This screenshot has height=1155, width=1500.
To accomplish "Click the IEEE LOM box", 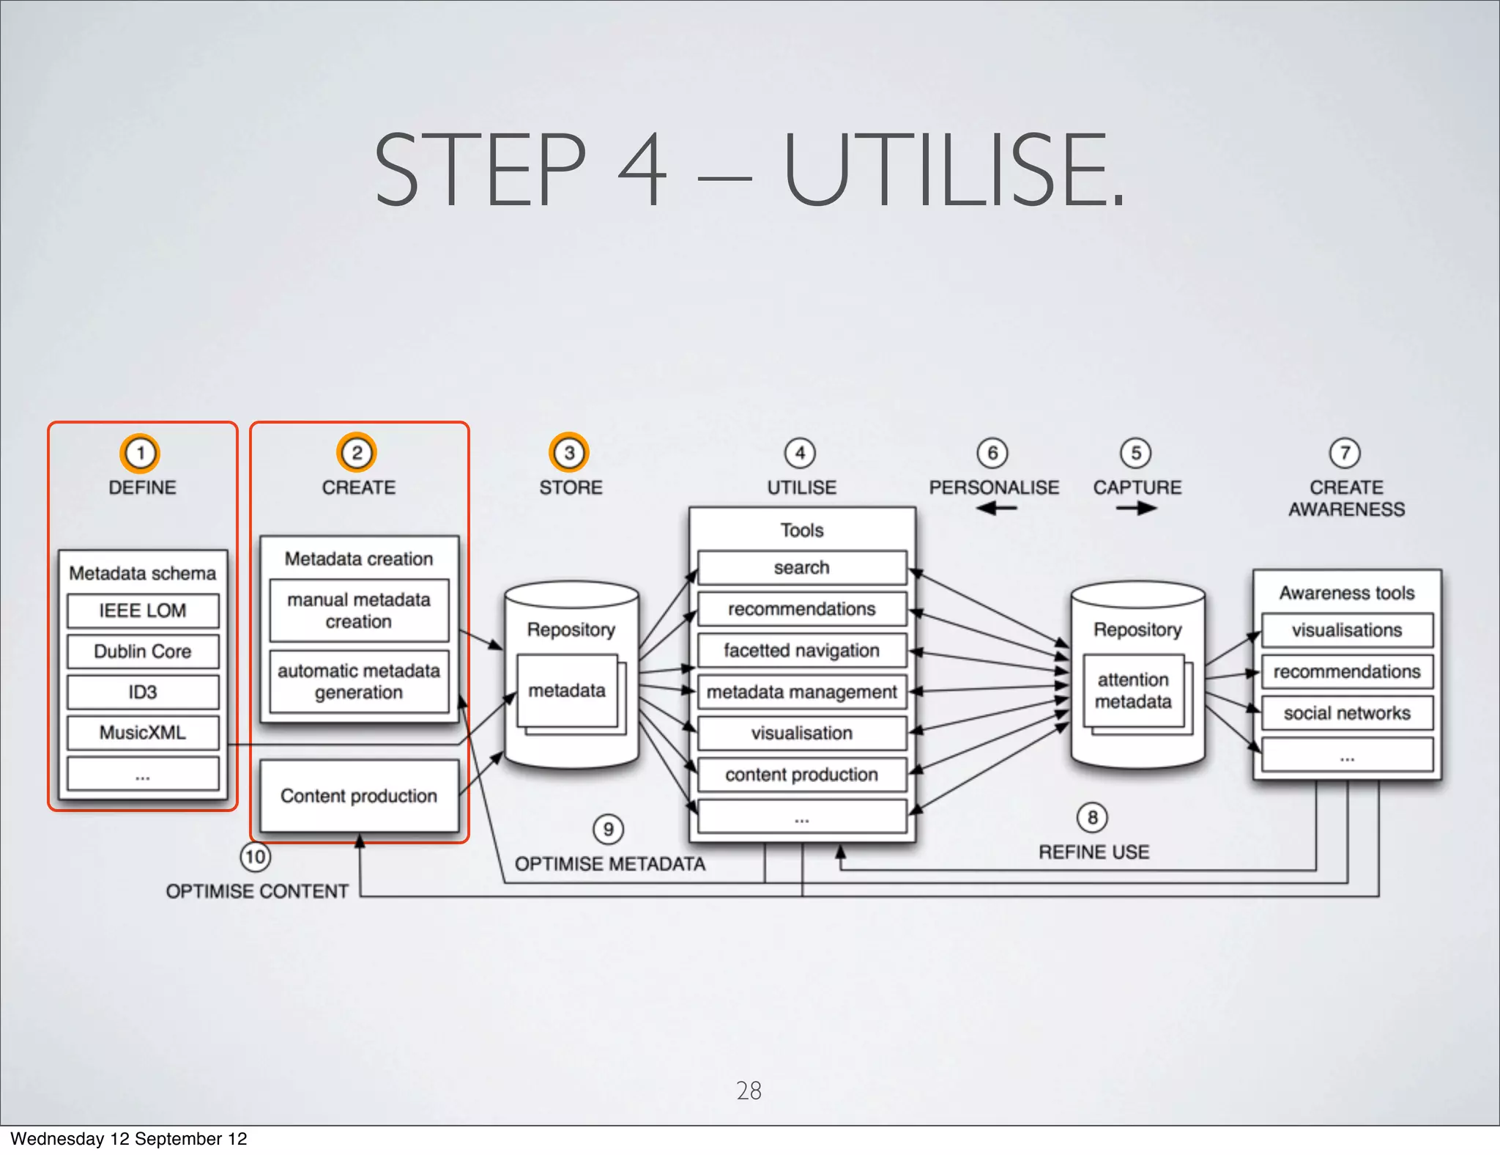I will point(143,610).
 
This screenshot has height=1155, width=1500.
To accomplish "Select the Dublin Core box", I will point(143,651).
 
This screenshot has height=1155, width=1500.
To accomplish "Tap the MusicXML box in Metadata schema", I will point(143,732).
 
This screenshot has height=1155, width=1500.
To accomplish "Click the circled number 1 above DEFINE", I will point(140,453).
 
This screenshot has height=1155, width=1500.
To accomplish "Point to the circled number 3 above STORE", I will point(569,453).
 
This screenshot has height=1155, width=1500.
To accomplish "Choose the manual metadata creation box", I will point(359,610).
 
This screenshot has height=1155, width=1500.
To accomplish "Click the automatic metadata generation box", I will point(359,682).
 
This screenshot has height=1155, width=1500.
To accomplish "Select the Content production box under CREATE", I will point(359,796).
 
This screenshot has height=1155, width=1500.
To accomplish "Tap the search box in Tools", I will point(802,567).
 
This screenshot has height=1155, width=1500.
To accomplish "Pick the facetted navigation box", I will point(802,650).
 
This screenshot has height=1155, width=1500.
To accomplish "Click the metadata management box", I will point(802,692).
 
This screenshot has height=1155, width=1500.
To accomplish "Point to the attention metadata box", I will point(1133,690).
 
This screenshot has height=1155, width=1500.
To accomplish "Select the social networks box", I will point(1347,713).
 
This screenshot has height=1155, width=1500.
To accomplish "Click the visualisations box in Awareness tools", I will point(1347,630).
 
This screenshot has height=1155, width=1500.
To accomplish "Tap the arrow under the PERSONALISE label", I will point(996,508).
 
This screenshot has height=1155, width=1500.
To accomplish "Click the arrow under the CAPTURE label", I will point(1137,508).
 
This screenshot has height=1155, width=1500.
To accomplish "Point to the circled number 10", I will point(255,857).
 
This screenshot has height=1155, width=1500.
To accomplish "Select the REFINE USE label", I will point(1094,852).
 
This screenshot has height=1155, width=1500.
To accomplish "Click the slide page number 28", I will point(749,1091).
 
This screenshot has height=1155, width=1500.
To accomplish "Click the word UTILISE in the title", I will point(952,170).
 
